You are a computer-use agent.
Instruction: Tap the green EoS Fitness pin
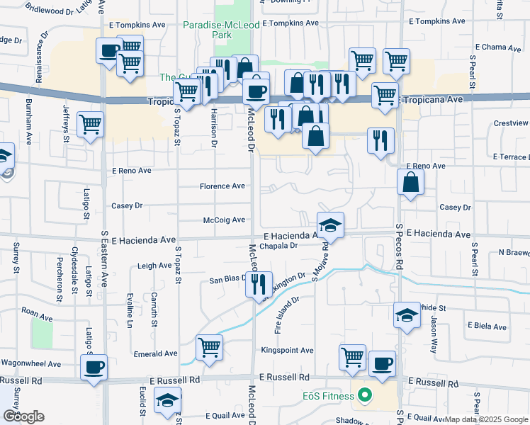365,395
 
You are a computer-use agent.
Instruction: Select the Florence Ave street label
222,186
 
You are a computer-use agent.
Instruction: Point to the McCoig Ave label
224,220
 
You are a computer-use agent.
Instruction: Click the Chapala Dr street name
277,246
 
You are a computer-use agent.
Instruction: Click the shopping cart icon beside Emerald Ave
210,347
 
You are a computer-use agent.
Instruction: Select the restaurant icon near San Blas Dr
259,285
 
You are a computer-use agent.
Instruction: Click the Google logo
23,416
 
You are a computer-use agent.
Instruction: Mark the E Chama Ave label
498,47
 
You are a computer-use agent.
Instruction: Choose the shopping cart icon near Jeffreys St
91,125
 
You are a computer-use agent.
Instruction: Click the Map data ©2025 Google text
487,419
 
